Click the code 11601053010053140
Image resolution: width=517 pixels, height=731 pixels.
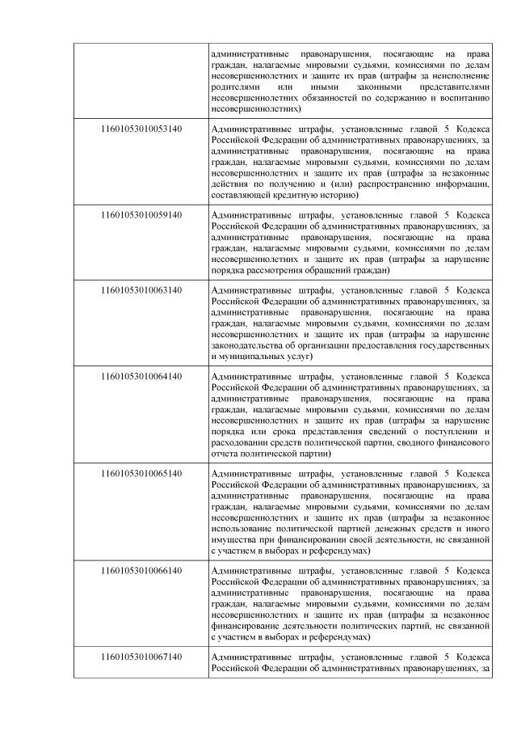(141, 128)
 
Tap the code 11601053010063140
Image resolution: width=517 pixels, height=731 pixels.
(141, 289)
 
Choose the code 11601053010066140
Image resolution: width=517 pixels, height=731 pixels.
(141, 571)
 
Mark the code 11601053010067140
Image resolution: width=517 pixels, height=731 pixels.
(141, 657)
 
